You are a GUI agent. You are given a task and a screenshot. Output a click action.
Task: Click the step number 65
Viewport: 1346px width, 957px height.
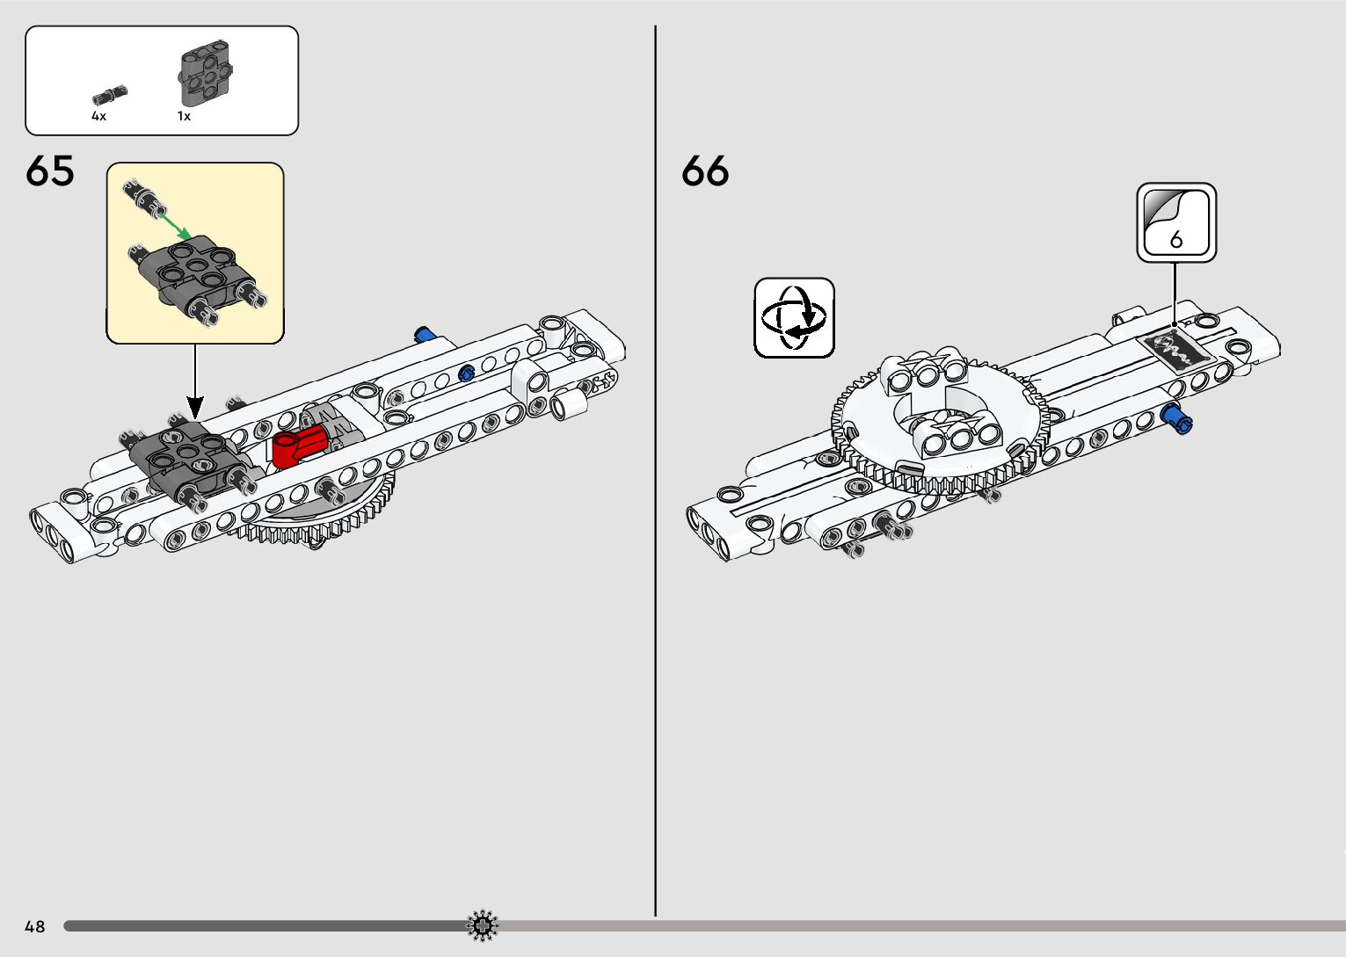point(50,170)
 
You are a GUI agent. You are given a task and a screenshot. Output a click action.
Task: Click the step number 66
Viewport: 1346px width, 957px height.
point(705,170)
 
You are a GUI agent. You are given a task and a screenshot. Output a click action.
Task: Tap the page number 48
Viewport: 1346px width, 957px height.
point(35,926)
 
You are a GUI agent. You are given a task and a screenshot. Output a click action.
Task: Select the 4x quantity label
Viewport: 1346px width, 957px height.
point(98,116)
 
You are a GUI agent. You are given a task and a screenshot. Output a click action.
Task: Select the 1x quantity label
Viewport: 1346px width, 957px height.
point(184,116)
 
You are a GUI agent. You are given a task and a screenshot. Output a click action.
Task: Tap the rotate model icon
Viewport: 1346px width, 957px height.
point(794,317)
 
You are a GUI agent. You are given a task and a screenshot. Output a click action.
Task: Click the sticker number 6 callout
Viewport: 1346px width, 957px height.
point(1176,222)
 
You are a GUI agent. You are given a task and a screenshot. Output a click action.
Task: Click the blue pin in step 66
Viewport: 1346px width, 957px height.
point(1176,419)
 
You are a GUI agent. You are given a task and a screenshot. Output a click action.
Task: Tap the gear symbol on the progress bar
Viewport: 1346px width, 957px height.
point(483,925)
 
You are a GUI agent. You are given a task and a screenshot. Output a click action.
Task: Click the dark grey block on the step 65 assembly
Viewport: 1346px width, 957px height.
point(185,457)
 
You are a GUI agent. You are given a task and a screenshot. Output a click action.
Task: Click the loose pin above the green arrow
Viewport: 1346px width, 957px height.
point(144,197)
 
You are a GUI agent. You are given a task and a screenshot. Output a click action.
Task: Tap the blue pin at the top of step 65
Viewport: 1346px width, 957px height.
point(426,334)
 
